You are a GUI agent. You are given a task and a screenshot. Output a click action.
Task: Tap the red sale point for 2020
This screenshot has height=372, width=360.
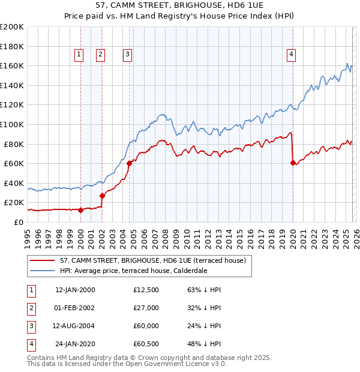pyautogui.click(x=293, y=163)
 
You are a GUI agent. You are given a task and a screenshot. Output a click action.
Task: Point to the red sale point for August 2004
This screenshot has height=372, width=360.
pyautogui.click(x=129, y=163)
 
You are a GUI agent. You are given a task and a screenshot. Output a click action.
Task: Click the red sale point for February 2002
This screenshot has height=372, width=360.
pyautogui.click(x=102, y=196)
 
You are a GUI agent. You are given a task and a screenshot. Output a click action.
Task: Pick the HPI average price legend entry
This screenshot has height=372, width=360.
pyautogui.click(x=133, y=271)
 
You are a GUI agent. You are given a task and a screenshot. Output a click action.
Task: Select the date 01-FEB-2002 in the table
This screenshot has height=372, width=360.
pyautogui.click(x=75, y=308)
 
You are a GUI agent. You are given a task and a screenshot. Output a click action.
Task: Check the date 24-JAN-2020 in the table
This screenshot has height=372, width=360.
pyautogui.click(x=75, y=344)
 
